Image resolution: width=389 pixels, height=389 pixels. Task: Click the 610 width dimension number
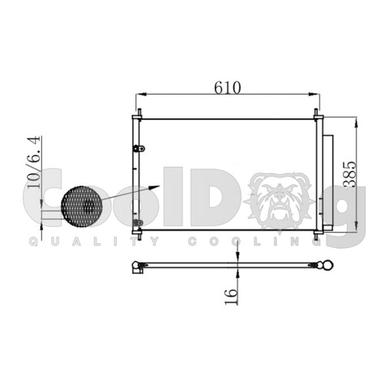pyautogui.click(x=229, y=88)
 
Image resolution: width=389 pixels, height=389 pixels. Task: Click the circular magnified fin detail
pyautogui.click(x=82, y=207)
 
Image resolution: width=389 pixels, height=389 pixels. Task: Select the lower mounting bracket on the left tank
pyautogui.click(x=140, y=222)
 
